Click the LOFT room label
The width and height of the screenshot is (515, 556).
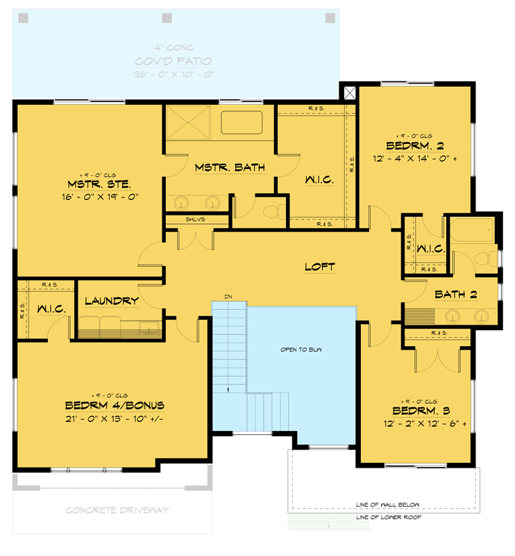point(320,266)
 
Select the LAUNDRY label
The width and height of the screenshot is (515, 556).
point(112,301)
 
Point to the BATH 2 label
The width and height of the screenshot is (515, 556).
point(455,295)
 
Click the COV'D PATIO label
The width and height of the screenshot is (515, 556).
point(174,61)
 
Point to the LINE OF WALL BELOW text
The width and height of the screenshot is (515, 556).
point(387,505)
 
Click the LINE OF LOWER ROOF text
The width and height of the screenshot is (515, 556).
point(388,517)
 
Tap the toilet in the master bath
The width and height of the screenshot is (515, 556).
point(276,210)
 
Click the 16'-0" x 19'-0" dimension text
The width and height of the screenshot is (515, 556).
point(103,197)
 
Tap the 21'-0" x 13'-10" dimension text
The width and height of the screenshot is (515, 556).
point(114,418)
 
